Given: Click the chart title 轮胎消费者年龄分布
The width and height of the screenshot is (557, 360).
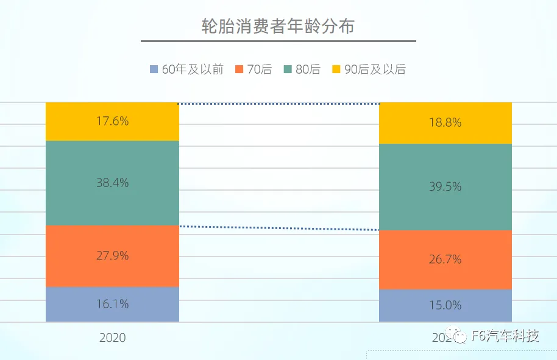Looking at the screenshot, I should pos(278,27).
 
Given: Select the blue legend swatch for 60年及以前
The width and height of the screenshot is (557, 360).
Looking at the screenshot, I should pos(154,69).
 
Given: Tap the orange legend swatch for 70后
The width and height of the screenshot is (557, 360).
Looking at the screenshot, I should pos(238,69).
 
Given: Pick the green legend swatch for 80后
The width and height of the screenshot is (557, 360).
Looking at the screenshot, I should pos(288,69).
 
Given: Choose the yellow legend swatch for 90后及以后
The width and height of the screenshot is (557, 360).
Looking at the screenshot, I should pos(336,69).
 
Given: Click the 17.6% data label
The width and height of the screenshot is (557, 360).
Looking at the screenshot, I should pos(112,121).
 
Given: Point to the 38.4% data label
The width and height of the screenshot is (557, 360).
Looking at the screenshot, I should pos(112,183).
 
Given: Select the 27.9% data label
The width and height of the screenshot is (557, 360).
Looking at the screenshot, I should pos(112,256).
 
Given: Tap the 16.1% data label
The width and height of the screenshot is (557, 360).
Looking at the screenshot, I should pos(112,304).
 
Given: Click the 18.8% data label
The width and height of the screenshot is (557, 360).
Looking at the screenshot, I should pos(445,122).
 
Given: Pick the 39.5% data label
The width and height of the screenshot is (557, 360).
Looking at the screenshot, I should pos(445,187).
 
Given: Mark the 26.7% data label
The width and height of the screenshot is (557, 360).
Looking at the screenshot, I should pos(445,259).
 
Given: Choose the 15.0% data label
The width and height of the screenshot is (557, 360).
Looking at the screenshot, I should pos(445,305).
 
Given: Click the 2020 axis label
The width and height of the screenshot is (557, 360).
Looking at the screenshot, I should pos(112,337).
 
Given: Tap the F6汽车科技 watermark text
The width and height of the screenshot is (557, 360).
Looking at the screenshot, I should pos(505,336).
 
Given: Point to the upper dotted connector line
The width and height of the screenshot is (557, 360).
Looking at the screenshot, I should pos(278,104).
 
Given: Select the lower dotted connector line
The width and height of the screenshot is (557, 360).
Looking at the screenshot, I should pos(278,228).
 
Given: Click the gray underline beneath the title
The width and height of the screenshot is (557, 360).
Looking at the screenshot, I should pos(278,41).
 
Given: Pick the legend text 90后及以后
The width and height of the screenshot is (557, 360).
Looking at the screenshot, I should pos(375,69).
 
